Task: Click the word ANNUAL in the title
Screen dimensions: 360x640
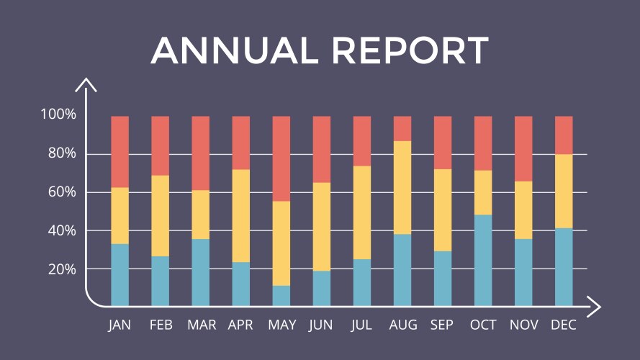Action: click(235, 50)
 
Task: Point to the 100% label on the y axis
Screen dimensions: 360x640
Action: click(58, 114)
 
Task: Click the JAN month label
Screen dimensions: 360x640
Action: click(120, 325)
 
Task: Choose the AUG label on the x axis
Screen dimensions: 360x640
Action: click(402, 325)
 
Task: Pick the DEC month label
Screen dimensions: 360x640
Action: click(563, 325)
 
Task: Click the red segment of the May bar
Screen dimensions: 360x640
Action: click(281, 158)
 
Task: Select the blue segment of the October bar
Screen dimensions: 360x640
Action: click(483, 260)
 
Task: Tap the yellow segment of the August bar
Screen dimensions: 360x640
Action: click(402, 187)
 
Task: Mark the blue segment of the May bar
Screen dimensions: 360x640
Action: click(281, 295)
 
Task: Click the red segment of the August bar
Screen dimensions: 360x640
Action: click(402, 128)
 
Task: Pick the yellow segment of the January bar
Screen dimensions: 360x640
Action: click(120, 215)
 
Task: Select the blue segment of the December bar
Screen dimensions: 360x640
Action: click(564, 266)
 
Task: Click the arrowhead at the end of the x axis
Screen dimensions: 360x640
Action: click(595, 306)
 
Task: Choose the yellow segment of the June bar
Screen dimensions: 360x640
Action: click(322, 226)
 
